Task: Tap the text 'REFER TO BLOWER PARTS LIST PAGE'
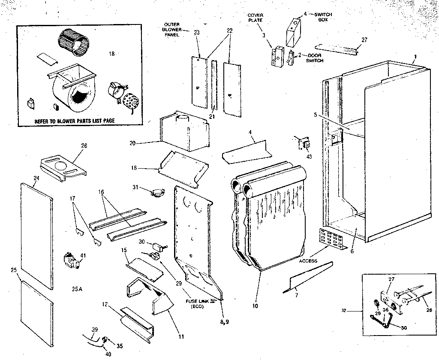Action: (x=75, y=121)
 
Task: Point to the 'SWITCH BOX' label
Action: (x=323, y=17)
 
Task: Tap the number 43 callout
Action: (x=310, y=156)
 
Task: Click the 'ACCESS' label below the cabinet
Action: (x=308, y=261)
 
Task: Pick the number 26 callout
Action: (x=84, y=146)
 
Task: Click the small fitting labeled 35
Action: (x=105, y=341)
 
